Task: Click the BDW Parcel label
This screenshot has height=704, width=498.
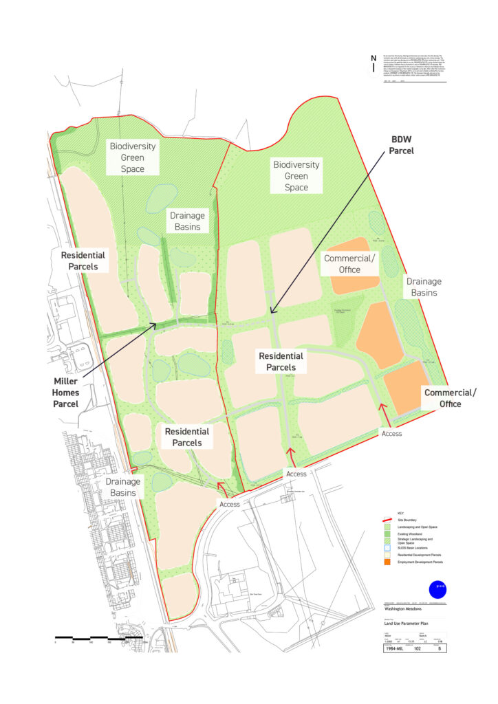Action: [x=400, y=144]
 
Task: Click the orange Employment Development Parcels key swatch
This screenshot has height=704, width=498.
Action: [x=388, y=562]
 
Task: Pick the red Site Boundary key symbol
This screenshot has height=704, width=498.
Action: [x=388, y=520]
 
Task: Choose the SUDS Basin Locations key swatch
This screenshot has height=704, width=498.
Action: [x=388, y=547]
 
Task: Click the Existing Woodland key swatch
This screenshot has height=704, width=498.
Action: [x=388, y=533]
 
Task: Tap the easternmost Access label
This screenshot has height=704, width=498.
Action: [x=392, y=434]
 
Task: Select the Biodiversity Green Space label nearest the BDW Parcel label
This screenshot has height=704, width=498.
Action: [x=296, y=176]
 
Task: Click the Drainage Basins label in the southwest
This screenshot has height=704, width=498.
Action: [x=124, y=487]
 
